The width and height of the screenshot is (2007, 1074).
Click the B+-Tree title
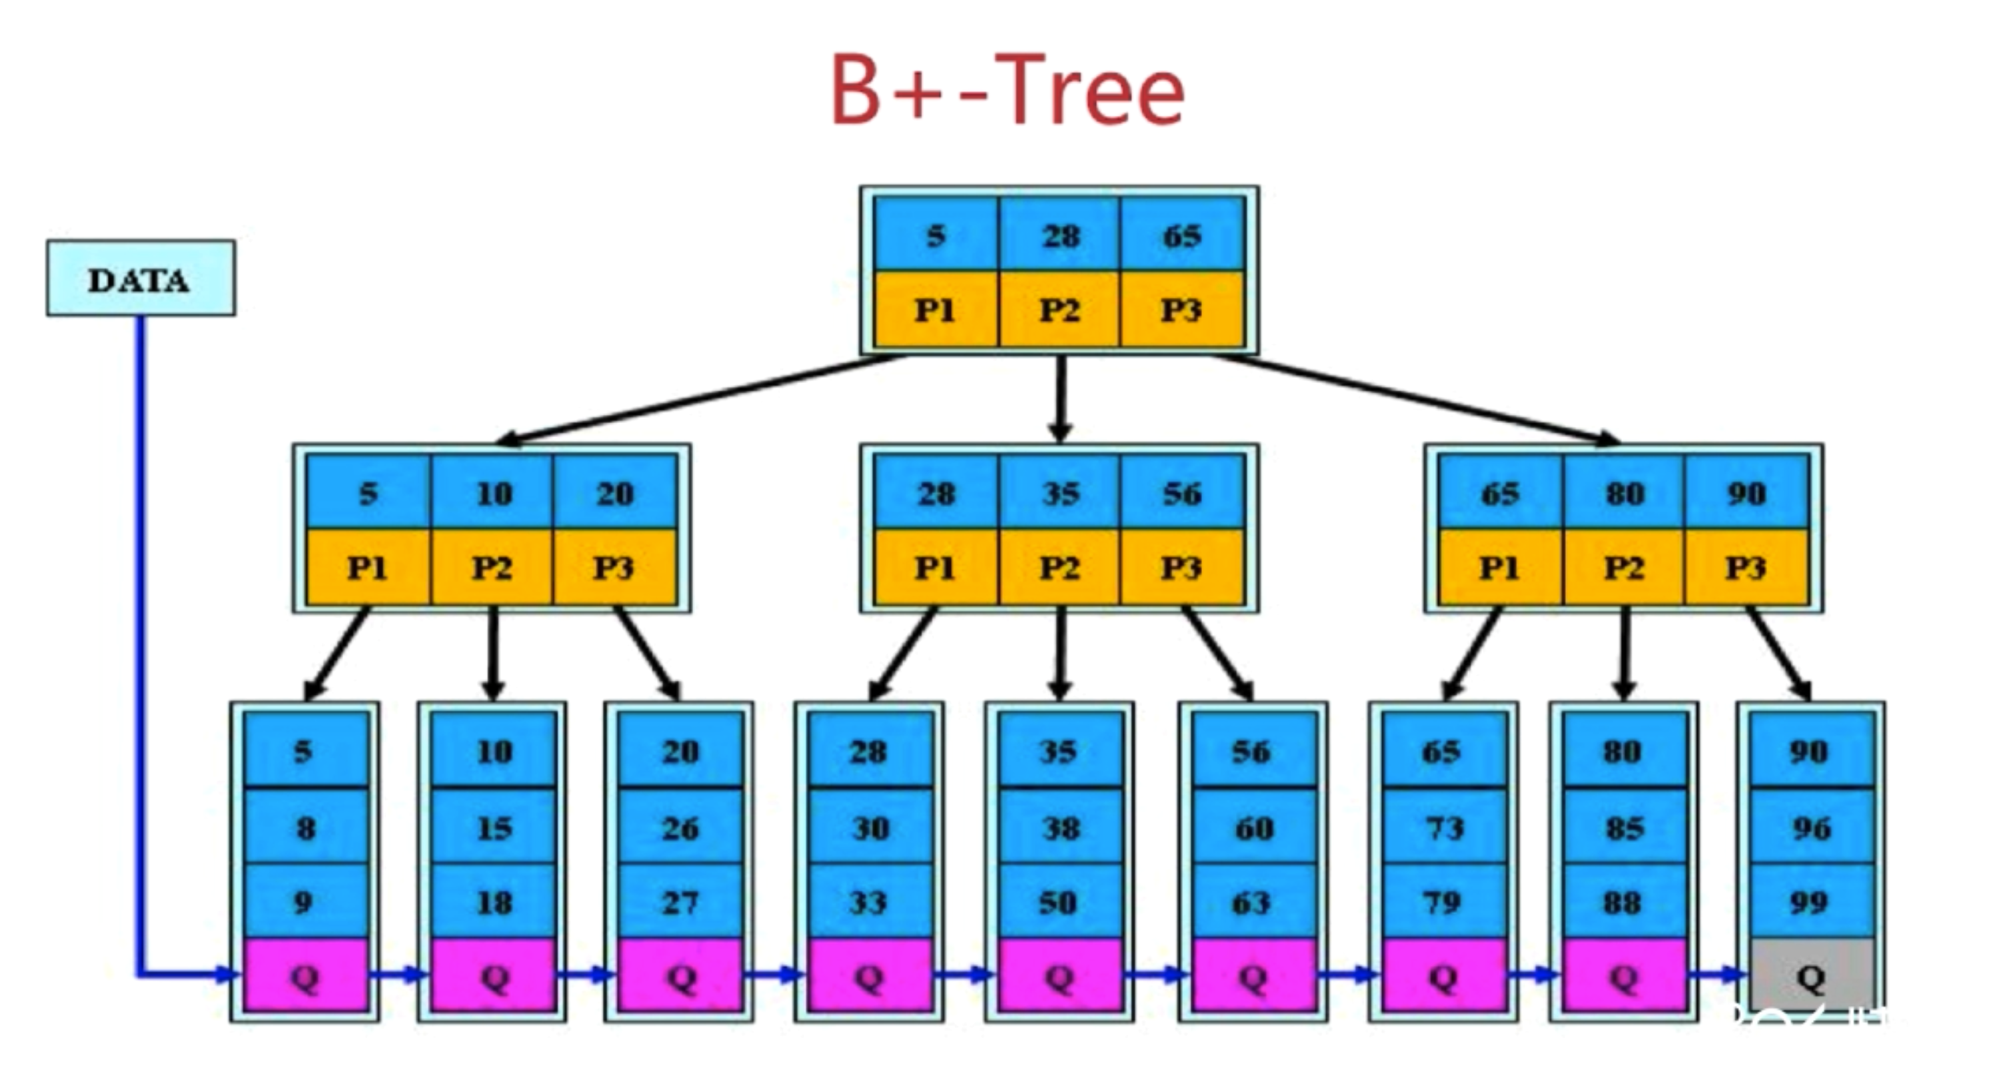point(1008,89)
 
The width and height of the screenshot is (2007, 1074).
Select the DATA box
point(141,278)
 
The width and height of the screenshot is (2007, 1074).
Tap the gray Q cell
point(1812,976)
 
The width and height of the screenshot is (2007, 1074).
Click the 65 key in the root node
point(1183,234)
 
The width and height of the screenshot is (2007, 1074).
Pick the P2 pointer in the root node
point(1059,309)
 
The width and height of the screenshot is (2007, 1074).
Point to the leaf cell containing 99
point(1812,902)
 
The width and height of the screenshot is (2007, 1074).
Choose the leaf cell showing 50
point(1059,902)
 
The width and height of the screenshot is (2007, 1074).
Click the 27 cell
point(680,902)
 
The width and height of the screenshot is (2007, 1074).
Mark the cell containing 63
point(1253,902)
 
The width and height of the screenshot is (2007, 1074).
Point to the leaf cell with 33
point(870,902)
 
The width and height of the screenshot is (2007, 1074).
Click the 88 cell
point(1625,902)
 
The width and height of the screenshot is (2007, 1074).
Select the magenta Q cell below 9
point(307,976)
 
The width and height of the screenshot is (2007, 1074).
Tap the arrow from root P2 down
point(1059,397)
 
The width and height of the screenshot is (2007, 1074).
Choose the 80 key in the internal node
point(1625,492)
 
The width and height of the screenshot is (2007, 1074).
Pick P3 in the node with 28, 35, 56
point(1183,567)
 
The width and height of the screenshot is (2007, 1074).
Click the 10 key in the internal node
point(493,492)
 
